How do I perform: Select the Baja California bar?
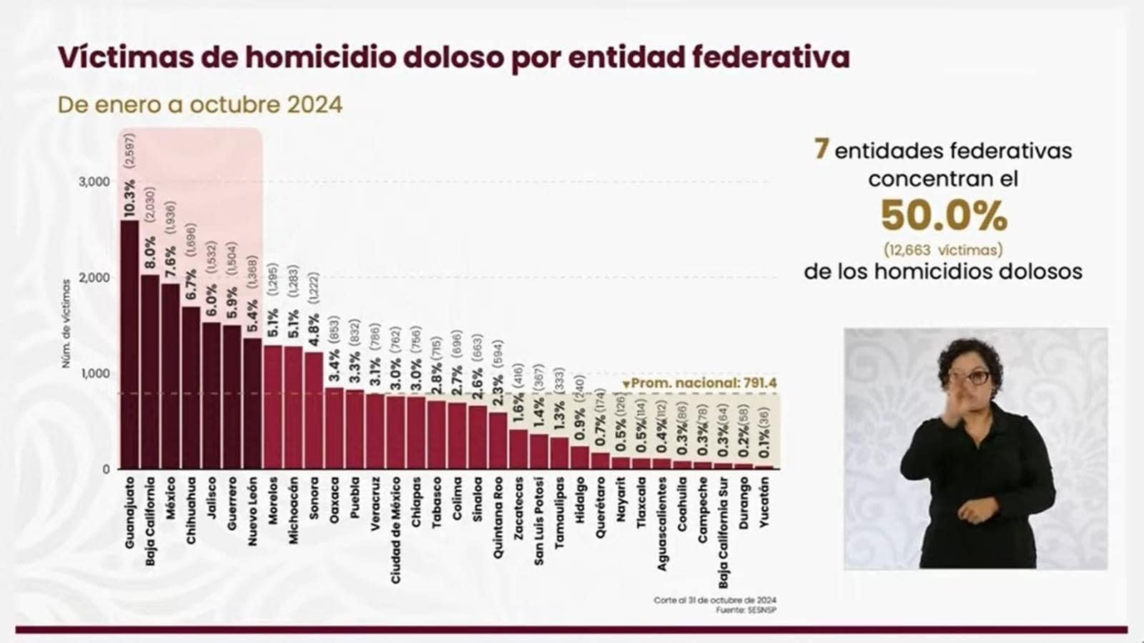point(150,372)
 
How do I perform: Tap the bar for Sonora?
point(314,411)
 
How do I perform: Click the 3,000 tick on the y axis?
point(94,182)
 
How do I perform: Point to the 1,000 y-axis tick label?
point(94,374)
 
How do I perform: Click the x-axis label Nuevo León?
point(252,512)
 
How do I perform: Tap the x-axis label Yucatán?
point(764,503)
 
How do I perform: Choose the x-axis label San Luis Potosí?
point(539,522)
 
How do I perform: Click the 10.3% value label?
point(129,199)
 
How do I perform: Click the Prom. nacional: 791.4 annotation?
point(699,384)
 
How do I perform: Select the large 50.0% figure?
point(943,215)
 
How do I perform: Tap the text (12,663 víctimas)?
point(943,250)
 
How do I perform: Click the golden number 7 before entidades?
point(821,149)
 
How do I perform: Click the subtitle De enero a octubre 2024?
point(200,105)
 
